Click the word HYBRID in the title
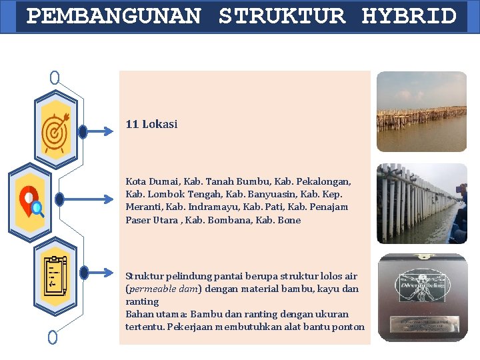point(409,16)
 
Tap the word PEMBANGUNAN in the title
point(113,16)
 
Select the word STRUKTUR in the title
point(282,16)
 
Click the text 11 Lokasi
point(152,124)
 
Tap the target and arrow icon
point(55,131)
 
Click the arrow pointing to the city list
point(85,199)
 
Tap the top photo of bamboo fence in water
point(421,111)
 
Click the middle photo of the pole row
point(421,203)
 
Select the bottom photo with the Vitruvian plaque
point(421,297)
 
